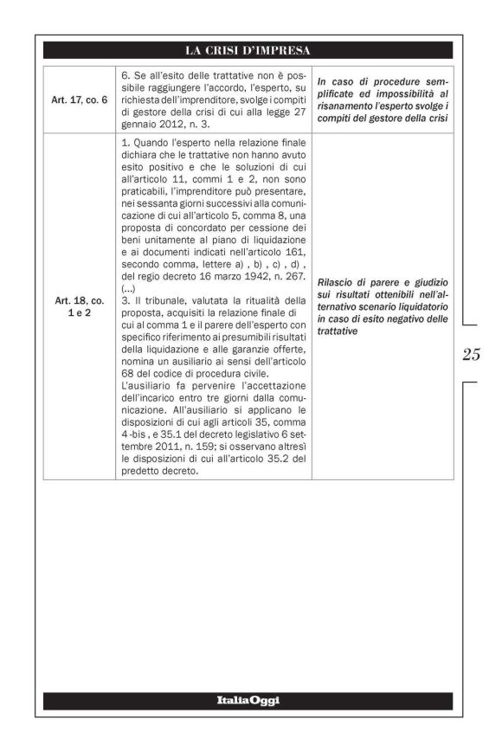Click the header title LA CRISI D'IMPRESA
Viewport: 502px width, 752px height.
pos(248,50)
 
